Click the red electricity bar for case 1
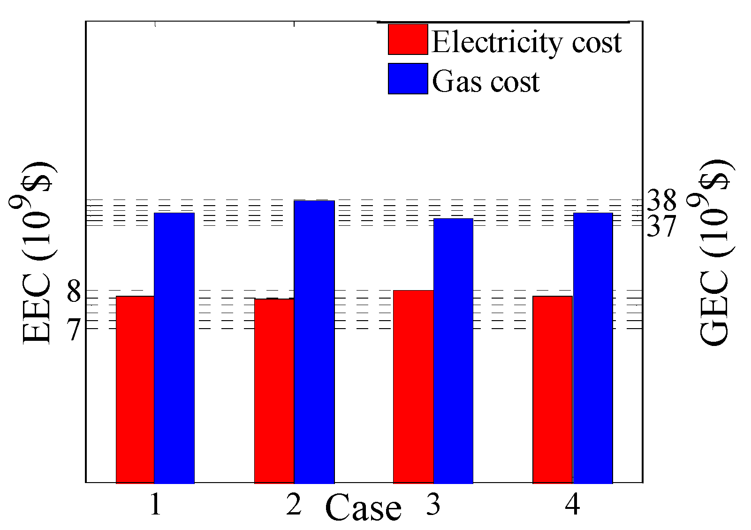[x=135, y=389]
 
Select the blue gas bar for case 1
[x=174, y=347]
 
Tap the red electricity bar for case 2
[x=274, y=391]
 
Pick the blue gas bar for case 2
[x=314, y=341]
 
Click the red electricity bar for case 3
[x=413, y=386]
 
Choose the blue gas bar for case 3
[x=453, y=350]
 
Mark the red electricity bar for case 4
[x=553, y=389]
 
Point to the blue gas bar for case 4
[x=593, y=347]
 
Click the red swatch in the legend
[x=408, y=40]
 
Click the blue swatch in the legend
[x=408, y=79]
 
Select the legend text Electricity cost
[x=526, y=42]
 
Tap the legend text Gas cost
[x=485, y=82]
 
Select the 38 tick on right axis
[x=661, y=200]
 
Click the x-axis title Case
[x=363, y=509]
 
